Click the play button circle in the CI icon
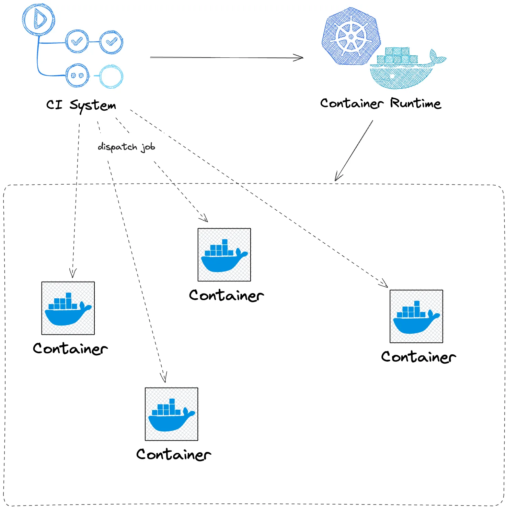[x=38, y=19]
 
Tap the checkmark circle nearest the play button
[x=77, y=41]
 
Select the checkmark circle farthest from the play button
[x=111, y=42]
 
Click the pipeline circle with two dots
[x=78, y=75]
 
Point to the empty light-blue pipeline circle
[x=111, y=76]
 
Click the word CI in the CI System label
[x=54, y=104]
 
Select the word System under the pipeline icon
[x=93, y=105]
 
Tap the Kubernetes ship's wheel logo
[x=351, y=36]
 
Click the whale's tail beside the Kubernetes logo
[x=437, y=57]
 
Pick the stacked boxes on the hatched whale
[x=397, y=56]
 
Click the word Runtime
[x=415, y=103]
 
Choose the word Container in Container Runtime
[x=352, y=103]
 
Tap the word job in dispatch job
[x=148, y=147]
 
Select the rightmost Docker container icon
[x=416, y=316]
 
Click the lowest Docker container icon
[x=171, y=414]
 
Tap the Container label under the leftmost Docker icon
[x=70, y=348]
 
